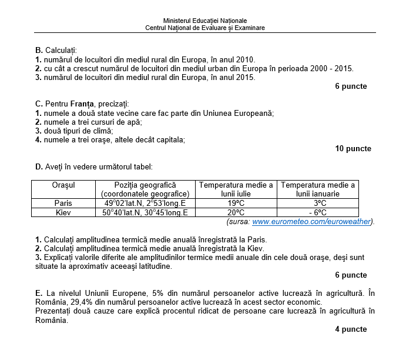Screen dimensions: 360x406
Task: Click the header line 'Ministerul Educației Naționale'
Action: pos(205,21)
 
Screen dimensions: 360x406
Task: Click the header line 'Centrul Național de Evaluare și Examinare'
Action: pos(205,28)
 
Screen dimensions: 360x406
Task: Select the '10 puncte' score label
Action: pos(353,149)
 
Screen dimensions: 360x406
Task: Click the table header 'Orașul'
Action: pos(63,185)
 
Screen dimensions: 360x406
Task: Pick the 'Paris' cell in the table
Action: pos(63,204)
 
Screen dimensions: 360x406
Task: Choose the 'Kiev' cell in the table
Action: pos(63,212)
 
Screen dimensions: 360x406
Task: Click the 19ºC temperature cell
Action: pos(236,204)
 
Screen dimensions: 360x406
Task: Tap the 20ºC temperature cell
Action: pos(236,212)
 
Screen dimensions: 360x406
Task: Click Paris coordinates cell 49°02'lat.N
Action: pos(145,204)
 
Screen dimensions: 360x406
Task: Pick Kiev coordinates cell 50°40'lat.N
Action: pos(145,212)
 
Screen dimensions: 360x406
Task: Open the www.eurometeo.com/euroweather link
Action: pos(311,222)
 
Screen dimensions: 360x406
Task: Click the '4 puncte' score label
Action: pos(351,329)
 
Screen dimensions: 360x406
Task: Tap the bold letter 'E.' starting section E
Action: pos(39,292)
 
